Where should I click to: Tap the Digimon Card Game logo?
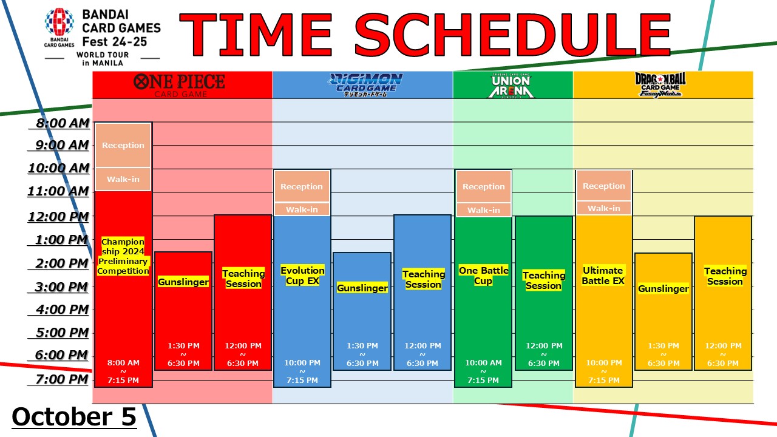[365, 85]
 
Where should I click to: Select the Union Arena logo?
[511, 86]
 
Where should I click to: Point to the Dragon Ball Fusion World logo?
[660, 85]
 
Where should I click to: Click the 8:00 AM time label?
[63, 123]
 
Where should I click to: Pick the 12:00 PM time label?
[58, 217]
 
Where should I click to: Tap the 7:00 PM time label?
[62, 379]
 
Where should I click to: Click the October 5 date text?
[74, 416]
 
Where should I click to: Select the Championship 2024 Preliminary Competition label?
[123, 256]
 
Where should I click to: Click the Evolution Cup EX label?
[302, 276]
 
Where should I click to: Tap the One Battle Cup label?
[484, 276]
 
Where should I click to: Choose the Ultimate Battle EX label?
[603, 276]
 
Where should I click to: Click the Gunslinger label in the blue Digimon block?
[362, 288]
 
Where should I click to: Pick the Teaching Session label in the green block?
[543, 280]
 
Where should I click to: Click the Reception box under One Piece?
[123, 145]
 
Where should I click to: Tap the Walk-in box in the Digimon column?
[302, 209]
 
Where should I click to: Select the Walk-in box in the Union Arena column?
[484, 210]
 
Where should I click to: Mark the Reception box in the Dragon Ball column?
[603, 186]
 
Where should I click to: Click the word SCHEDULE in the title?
[513, 35]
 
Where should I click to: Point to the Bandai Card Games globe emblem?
[59, 22]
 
